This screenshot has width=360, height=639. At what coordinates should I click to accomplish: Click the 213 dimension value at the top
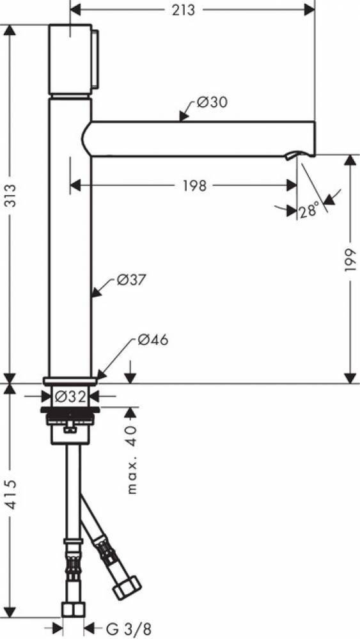[x=184, y=10]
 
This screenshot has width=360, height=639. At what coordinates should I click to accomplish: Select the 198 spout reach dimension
[x=194, y=186]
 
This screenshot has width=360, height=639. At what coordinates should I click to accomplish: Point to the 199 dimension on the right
[x=350, y=261]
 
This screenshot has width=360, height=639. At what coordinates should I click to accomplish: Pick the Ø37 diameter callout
[x=131, y=280]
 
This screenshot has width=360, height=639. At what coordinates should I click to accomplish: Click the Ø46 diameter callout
[x=153, y=340]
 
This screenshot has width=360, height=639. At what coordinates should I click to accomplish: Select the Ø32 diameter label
[x=70, y=396]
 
